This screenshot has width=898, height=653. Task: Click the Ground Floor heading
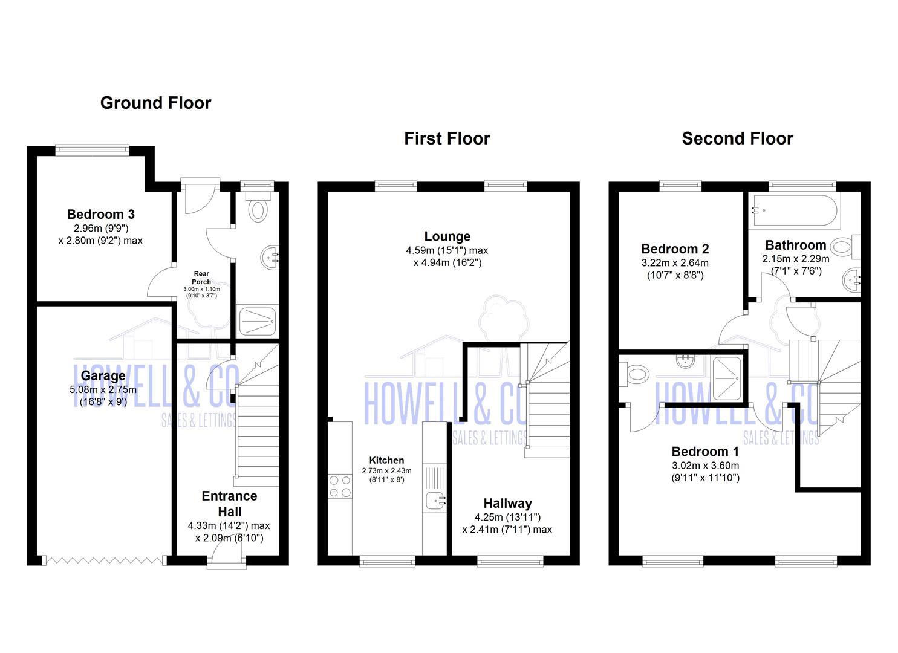tap(155, 103)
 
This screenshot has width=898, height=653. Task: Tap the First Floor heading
tap(447, 138)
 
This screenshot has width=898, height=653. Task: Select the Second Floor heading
tap(737, 138)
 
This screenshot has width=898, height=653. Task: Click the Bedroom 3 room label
tap(100, 214)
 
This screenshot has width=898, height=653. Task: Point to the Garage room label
tap(103, 375)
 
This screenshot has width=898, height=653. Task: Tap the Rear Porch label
tap(201, 278)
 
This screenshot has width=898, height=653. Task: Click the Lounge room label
tap(447, 236)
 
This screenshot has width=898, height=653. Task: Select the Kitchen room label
tap(386, 460)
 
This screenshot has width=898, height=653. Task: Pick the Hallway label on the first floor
tap(507, 503)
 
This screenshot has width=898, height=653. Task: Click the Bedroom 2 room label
tap(675, 249)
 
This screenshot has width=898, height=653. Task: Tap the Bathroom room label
tap(795, 245)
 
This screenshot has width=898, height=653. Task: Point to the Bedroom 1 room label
tap(705, 452)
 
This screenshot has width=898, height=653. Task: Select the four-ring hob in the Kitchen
tap(340, 486)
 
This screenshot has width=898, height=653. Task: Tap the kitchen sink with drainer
tap(434, 490)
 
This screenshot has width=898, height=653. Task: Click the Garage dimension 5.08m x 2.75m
tap(103, 389)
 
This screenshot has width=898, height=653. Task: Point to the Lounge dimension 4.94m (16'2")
tap(447, 262)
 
